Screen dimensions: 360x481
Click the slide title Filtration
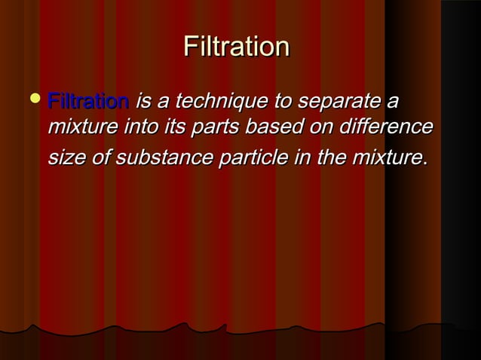click(236, 47)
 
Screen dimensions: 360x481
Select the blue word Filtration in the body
click(87, 101)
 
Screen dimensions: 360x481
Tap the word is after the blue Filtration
click(142, 102)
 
